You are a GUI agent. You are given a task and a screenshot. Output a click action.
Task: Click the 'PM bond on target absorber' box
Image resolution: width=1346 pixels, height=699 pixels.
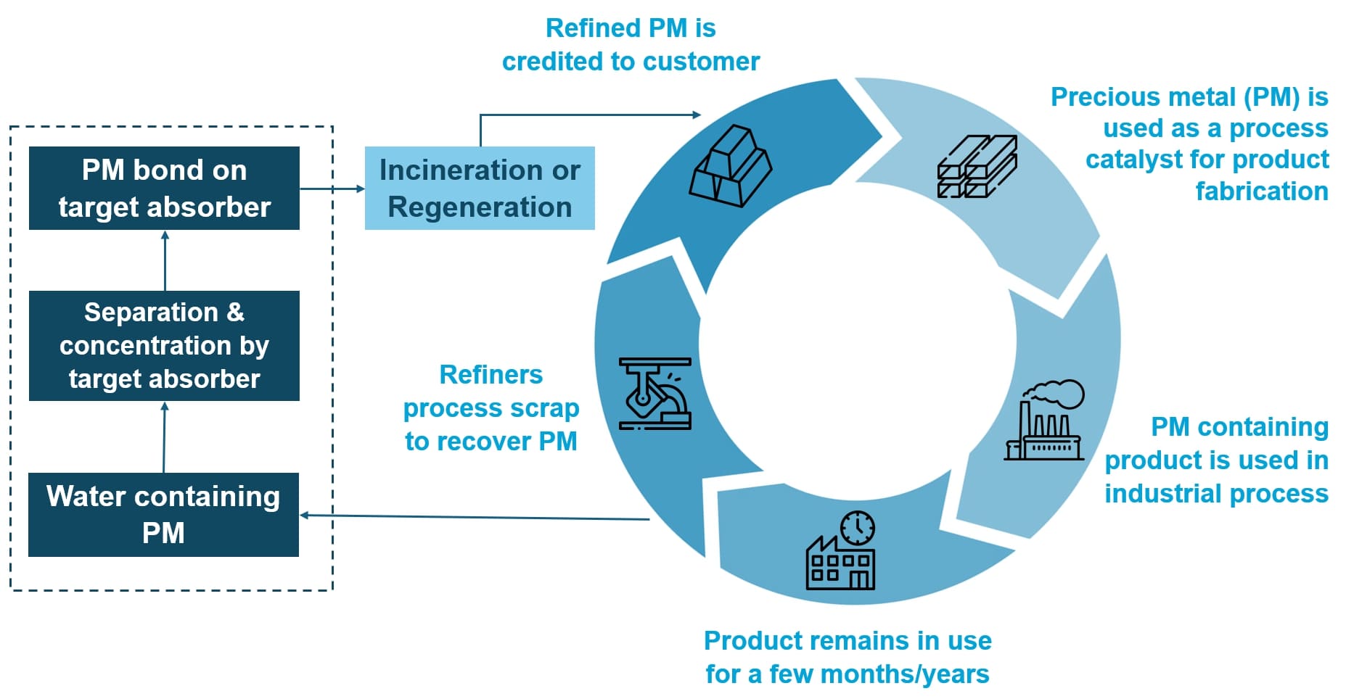[x=164, y=189]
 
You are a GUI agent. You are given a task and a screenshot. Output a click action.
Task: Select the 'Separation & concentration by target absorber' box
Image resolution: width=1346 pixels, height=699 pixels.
[x=164, y=346]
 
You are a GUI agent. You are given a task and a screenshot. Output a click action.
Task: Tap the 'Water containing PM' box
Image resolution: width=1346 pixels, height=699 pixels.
[x=163, y=515]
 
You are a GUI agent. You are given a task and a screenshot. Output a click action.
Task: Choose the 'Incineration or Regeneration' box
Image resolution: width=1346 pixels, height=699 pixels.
[x=480, y=189]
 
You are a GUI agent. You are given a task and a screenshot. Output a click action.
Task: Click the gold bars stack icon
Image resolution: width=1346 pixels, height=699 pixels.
[x=730, y=166]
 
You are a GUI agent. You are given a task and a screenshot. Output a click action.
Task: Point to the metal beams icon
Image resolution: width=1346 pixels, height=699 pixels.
[x=977, y=166]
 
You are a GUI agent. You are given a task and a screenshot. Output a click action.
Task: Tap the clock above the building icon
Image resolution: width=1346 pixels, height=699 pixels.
[x=858, y=527]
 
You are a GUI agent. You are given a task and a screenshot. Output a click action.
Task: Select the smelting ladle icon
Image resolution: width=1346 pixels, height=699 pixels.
[x=654, y=394]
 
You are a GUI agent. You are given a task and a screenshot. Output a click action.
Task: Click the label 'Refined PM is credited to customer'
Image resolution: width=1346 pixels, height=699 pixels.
[x=631, y=45]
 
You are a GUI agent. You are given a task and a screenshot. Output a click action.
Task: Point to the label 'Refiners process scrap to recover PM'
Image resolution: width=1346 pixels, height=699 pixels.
[x=491, y=408]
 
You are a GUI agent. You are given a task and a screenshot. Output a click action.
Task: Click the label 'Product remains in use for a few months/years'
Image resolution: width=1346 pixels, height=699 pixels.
[x=848, y=657]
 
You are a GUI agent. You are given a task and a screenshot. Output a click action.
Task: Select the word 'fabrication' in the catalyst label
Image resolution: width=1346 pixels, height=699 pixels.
[x=1261, y=191]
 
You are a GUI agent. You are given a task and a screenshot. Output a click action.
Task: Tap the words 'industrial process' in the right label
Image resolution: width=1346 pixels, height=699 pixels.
[x=1216, y=494]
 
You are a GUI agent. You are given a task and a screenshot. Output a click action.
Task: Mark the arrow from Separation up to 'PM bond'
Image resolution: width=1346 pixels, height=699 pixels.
[x=165, y=261]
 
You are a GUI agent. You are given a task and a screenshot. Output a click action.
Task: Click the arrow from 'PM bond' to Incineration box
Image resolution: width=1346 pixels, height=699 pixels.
[x=332, y=189]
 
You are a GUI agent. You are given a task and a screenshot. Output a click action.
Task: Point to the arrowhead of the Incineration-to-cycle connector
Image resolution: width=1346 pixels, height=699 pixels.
[x=697, y=115]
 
